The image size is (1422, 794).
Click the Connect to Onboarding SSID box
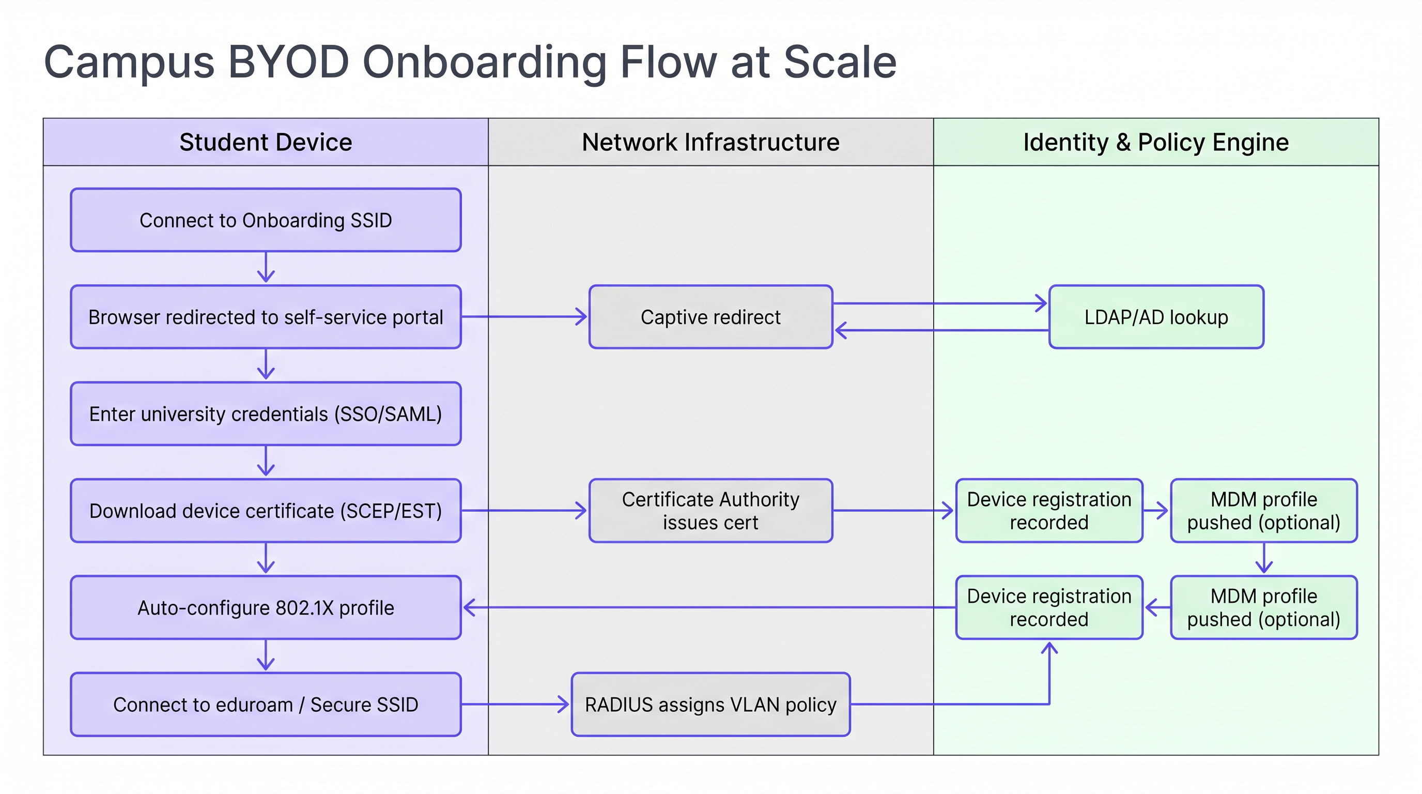(x=266, y=220)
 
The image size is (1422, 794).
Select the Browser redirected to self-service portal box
(x=266, y=317)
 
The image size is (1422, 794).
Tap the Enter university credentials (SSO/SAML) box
(x=266, y=414)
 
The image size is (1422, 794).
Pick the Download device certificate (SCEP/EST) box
(x=266, y=511)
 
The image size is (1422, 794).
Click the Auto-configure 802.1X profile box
(x=266, y=607)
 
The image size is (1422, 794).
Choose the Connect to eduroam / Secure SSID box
(x=266, y=705)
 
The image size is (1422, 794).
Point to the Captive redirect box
(x=710, y=317)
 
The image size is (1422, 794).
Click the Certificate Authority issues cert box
(x=710, y=511)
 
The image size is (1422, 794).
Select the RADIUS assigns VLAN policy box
(x=710, y=705)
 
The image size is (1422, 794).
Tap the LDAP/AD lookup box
(x=1156, y=317)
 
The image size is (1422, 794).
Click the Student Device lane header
(x=266, y=142)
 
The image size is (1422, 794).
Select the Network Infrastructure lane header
(x=710, y=142)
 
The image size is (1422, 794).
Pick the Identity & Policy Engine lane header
(x=1156, y=142)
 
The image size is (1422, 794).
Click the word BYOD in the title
(x=288, y=62)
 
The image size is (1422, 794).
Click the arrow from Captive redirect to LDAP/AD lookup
(x=938, y=303)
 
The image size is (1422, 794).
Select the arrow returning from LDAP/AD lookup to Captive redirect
(x=938, y=330)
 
